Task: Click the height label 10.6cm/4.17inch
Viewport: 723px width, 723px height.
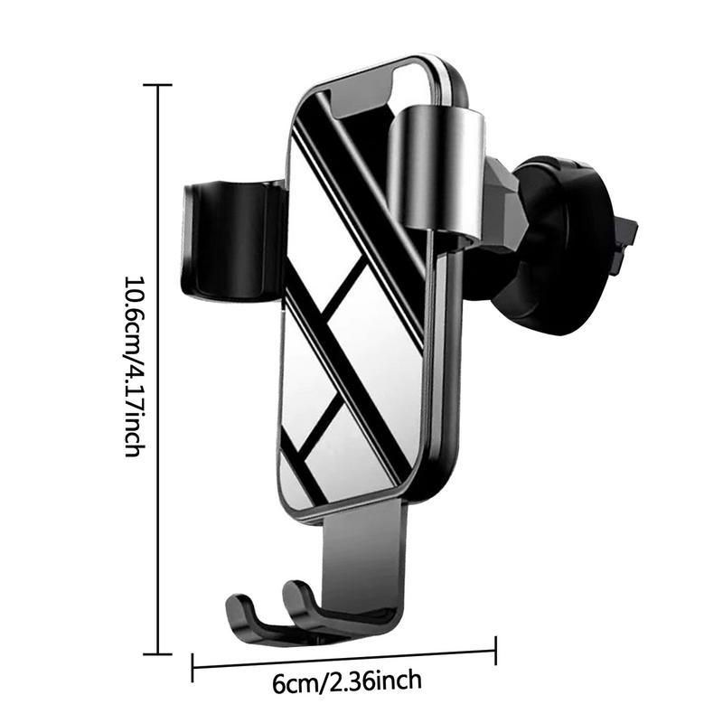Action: click(x=135, y=367)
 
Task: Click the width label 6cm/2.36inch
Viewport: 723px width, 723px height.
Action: click(x=347, y=681)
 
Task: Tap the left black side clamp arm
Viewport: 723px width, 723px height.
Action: click(x=233, y=241)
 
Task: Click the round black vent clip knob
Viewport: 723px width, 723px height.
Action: click(x=556, y=244)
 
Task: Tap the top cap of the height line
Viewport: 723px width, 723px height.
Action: click(x=157, y=85)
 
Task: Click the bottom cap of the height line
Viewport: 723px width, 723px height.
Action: click(x=157, y=653)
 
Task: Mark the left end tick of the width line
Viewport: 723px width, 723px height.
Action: click(x=192, y=667)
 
